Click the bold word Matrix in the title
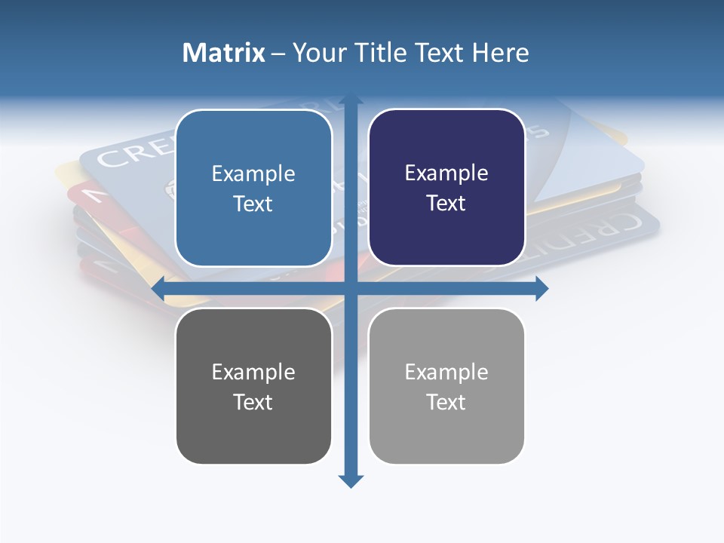pos(224,53)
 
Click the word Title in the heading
pos(381,53)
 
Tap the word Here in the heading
pos(500,53)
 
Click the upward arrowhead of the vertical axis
pos(351,100)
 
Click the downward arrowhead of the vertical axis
pos(351,480)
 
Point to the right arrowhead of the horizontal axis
pos(541,288)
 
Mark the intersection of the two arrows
pos(351,288)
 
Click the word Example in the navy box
pos(446,173)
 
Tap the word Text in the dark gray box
pos(253,402)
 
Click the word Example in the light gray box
pos(446,372)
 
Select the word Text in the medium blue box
pos(253,204)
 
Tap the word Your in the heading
pos(317,53)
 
